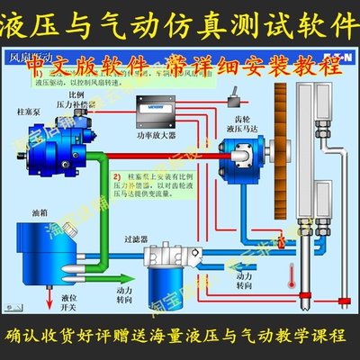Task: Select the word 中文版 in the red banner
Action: (79, 66)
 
